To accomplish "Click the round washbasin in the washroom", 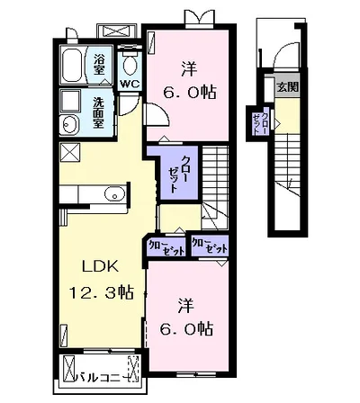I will tap(68, 125).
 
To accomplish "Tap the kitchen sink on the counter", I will tap(112, 193).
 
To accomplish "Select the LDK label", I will tap(101, 267).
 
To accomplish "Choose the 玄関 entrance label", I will tap(286, 87).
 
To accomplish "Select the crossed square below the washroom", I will tap(69, 151).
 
